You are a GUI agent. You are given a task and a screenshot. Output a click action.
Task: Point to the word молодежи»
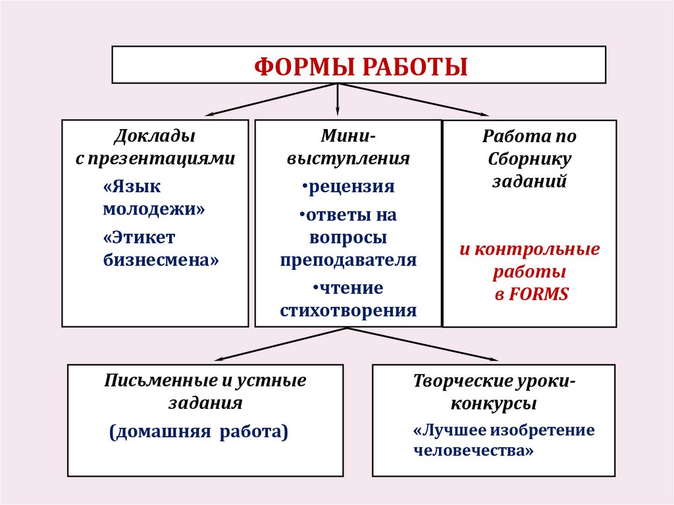(154, 209)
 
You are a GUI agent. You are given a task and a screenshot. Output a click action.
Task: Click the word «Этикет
(139, 237)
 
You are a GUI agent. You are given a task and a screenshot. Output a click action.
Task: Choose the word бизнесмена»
(161, 259)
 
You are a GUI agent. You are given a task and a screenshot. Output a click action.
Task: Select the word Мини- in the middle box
(348, 136)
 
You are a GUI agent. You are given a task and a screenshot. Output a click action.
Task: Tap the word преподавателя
(348, 259)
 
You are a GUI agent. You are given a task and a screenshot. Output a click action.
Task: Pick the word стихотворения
(348, 310)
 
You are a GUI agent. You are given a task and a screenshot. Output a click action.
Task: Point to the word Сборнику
(530, 159)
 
